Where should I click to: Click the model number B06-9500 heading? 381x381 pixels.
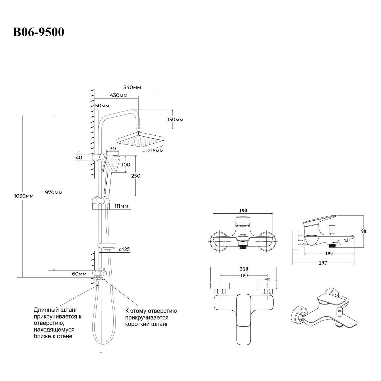(x=38, y=32)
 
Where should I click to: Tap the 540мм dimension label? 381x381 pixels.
(x=132, y=87)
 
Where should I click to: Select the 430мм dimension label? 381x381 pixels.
(x=118, y=96)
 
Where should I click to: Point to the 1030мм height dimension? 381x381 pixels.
(x=24, y=196)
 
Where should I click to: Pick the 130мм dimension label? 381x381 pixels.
(x=175, y=120)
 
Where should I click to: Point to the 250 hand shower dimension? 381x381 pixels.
(x=136, y=176)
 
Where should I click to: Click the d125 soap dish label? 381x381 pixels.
(x=124, y=249)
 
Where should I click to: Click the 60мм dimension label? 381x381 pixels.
(x=79, y=274)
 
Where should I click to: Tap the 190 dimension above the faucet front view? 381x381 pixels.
(x=243, y=210)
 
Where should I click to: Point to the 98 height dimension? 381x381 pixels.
(x=363, y=231)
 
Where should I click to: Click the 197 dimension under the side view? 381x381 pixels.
(x=323, y=263)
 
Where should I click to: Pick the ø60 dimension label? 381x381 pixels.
(x=267, y=280)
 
